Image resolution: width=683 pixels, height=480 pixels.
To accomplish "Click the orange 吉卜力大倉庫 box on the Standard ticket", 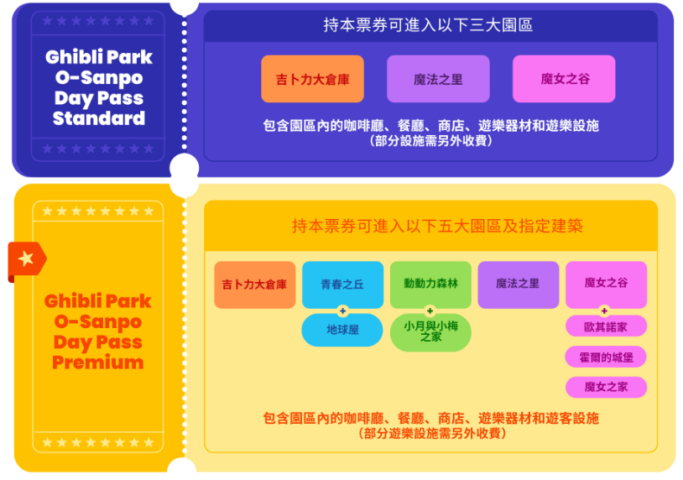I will [x=312, y=79].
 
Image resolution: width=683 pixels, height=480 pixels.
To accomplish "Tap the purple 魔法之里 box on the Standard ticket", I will [x=438, y=79].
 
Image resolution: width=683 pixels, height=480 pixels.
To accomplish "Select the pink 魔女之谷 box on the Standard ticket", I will [x=564, y=79].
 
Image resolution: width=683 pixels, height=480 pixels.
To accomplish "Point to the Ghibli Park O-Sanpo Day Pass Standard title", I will [x=99, y=88].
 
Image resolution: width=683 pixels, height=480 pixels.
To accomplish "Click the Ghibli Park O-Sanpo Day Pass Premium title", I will [x=98, y=331].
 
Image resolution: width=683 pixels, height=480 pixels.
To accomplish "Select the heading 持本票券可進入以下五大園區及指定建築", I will [x=437, y=226].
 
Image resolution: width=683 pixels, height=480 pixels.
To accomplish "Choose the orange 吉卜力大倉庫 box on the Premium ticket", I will [x=254, y=284].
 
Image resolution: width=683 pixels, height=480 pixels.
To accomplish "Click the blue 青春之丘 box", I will [x=342, y=284].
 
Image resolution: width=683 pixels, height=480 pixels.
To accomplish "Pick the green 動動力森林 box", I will [x=430, y=284].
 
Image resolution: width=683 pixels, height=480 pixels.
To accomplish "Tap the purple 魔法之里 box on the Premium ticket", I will [x=518, y=284].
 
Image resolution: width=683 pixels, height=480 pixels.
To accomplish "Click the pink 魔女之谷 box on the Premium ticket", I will [x=606, y=284].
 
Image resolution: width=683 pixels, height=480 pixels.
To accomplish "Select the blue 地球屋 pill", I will [x=342, y=330].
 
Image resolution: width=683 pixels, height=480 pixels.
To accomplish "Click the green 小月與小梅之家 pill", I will [x=430, y=331].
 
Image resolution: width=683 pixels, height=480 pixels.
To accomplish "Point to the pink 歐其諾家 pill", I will [x=606, y=326].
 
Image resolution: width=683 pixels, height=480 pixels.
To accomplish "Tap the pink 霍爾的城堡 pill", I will [x=606, y=357].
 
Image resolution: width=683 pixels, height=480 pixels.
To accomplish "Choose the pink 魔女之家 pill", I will [x=606, y=387].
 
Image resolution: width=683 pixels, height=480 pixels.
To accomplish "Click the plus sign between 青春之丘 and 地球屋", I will [x=342, y=310].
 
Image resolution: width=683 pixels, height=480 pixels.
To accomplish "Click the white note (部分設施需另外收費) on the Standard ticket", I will [x=430, y=141].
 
